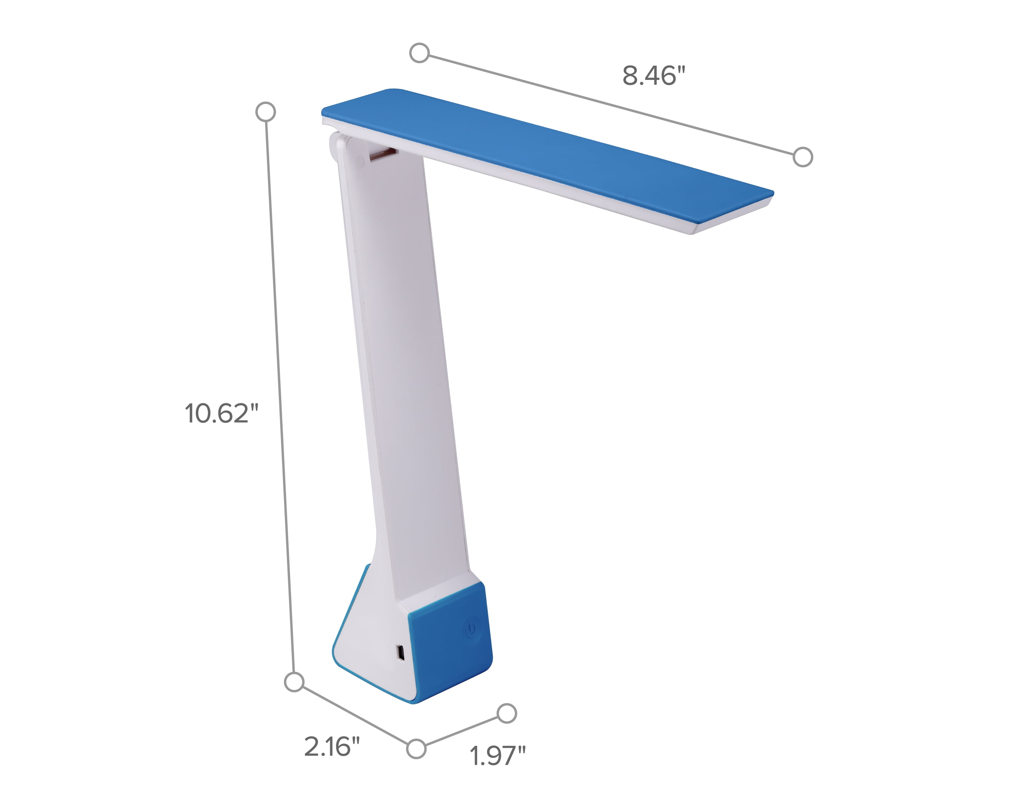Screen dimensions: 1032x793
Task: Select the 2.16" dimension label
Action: click(x=332, y=746)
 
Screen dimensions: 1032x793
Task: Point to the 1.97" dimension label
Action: click(x=497, y=755)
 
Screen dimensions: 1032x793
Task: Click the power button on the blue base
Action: click(x=470, y=629)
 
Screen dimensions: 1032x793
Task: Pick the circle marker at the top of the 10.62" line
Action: click(x=265, y=112)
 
